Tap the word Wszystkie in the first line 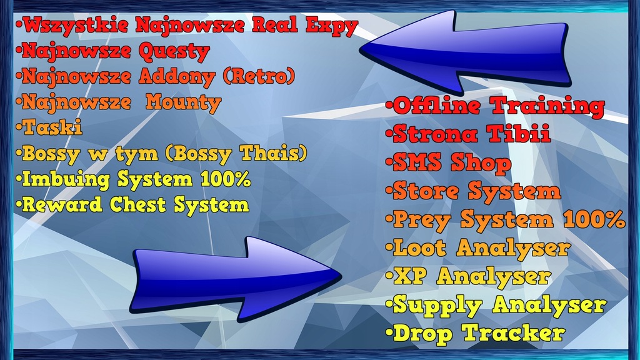pyautogui.click(x=76, y=26)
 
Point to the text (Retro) pyautogui.click(x=259, y=76)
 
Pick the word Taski pyautogui.click(x=52, y=127)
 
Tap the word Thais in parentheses pyautogui.click(x=274, y=154)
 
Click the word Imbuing pyautogui.click(x=66, y=180)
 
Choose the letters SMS pyautogui.click(x=417, y=163)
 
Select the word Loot pyautogui.click(x=419, y=247)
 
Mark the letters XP pyautogui.click(x=410, y=276)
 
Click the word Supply pyautogui.click(x=437, y=306)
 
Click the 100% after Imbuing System pyautogui.click(x=226, y=179)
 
